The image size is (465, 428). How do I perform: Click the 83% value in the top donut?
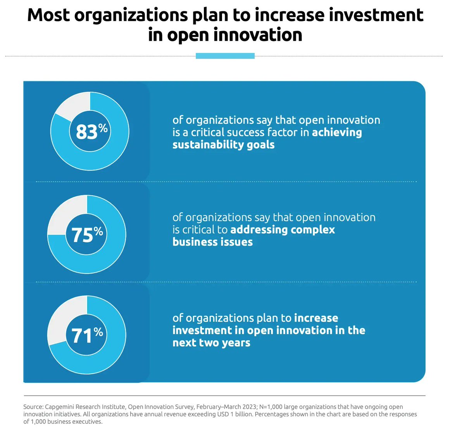91,131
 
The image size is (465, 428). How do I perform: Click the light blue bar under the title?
225,56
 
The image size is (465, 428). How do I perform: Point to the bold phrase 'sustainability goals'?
223,145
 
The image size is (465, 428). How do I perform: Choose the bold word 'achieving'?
337,132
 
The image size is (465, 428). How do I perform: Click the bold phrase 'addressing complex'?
282,230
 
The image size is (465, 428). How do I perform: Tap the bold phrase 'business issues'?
212,242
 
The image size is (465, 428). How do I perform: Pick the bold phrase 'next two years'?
211,343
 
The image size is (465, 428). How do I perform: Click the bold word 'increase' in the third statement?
316,318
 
